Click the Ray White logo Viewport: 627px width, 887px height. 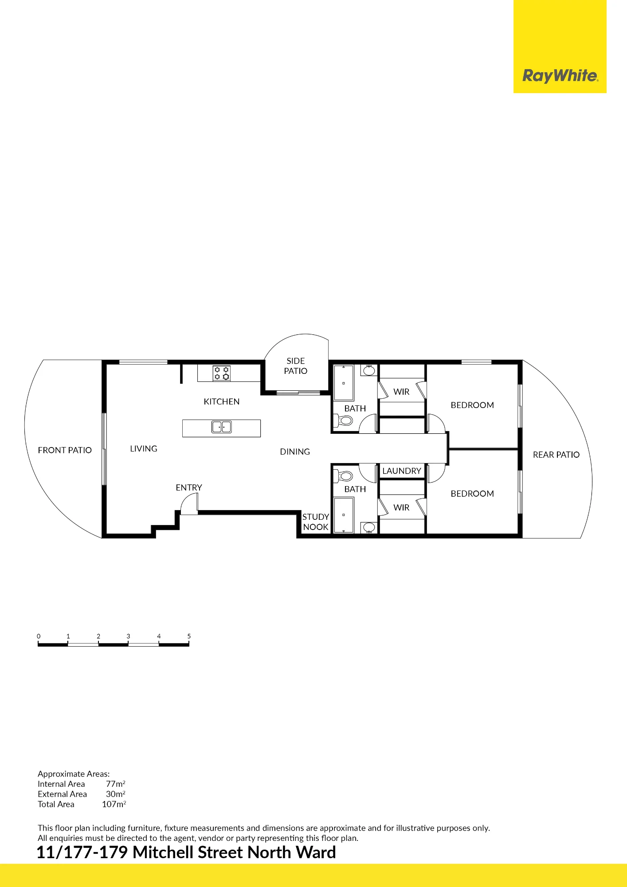tap(560, 76)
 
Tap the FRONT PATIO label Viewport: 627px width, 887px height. tap(65, 450)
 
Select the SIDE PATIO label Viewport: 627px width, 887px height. tap(296, 366)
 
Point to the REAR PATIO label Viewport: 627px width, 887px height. tap(556, 455)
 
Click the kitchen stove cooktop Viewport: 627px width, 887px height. tap(222, 373)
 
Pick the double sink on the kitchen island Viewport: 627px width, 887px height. tap(222, 427)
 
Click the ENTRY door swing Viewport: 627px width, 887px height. tap(189, 504)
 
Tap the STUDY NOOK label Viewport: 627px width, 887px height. tap(316, 522)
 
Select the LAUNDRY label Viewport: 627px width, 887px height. tap(402, 471)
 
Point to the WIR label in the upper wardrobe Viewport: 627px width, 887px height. tap(401, 392)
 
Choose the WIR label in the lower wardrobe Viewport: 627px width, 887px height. tap(401, 507)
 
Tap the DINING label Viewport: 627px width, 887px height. tap(295, 451)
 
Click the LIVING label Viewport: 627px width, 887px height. tap(144, 448)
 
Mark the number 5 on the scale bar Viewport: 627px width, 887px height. tap(189, 636)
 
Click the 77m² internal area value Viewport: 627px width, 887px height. tap(116, 784)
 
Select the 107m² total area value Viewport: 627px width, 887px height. tap(114, 804)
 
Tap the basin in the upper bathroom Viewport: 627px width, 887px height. tap(369, 370)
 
